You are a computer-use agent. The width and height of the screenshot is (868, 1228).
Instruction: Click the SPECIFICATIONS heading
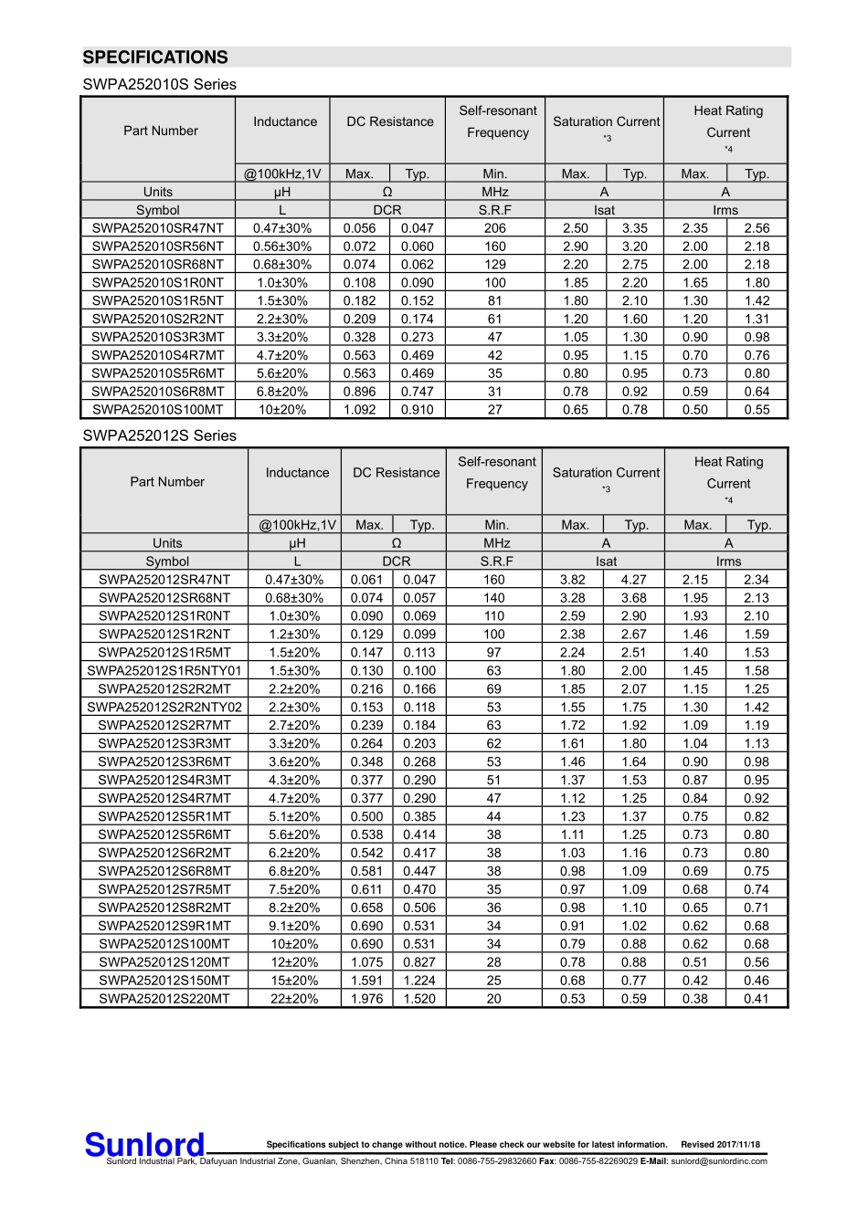(155, 58)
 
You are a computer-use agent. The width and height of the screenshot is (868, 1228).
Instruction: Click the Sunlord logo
(144, 1145)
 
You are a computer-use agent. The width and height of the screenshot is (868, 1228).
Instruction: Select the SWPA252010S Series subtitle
(159, 85)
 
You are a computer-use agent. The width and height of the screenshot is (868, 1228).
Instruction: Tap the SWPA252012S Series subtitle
(159, 436)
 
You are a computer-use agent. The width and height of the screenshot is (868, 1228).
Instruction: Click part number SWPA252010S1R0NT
(158, 283)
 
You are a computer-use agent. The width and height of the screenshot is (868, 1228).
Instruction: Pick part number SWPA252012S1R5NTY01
(164, 671)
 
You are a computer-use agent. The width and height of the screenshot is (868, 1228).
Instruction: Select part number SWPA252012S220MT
(164, 999)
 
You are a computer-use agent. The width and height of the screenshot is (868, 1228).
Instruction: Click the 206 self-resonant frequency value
(495, 228)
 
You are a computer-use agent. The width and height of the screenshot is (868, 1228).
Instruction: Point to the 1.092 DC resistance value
(359, 410)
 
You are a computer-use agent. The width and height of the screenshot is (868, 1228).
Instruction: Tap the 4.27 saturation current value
(633, 580)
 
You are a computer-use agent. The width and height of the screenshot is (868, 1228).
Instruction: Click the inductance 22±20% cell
(294, 999)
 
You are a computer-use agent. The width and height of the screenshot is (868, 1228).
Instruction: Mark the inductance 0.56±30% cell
(282, 247)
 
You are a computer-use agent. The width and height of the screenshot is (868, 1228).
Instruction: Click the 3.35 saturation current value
(634, 228)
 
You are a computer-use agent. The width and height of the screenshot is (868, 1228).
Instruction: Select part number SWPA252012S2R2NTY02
(164, 708)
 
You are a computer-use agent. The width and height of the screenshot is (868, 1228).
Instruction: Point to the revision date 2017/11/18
(720, 1145)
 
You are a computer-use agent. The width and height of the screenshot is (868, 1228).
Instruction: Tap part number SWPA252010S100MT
(158, 410)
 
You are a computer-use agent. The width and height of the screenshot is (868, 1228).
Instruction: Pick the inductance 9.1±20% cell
(294, 926)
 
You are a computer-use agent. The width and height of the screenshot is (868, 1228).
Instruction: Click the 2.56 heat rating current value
(757, 228)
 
